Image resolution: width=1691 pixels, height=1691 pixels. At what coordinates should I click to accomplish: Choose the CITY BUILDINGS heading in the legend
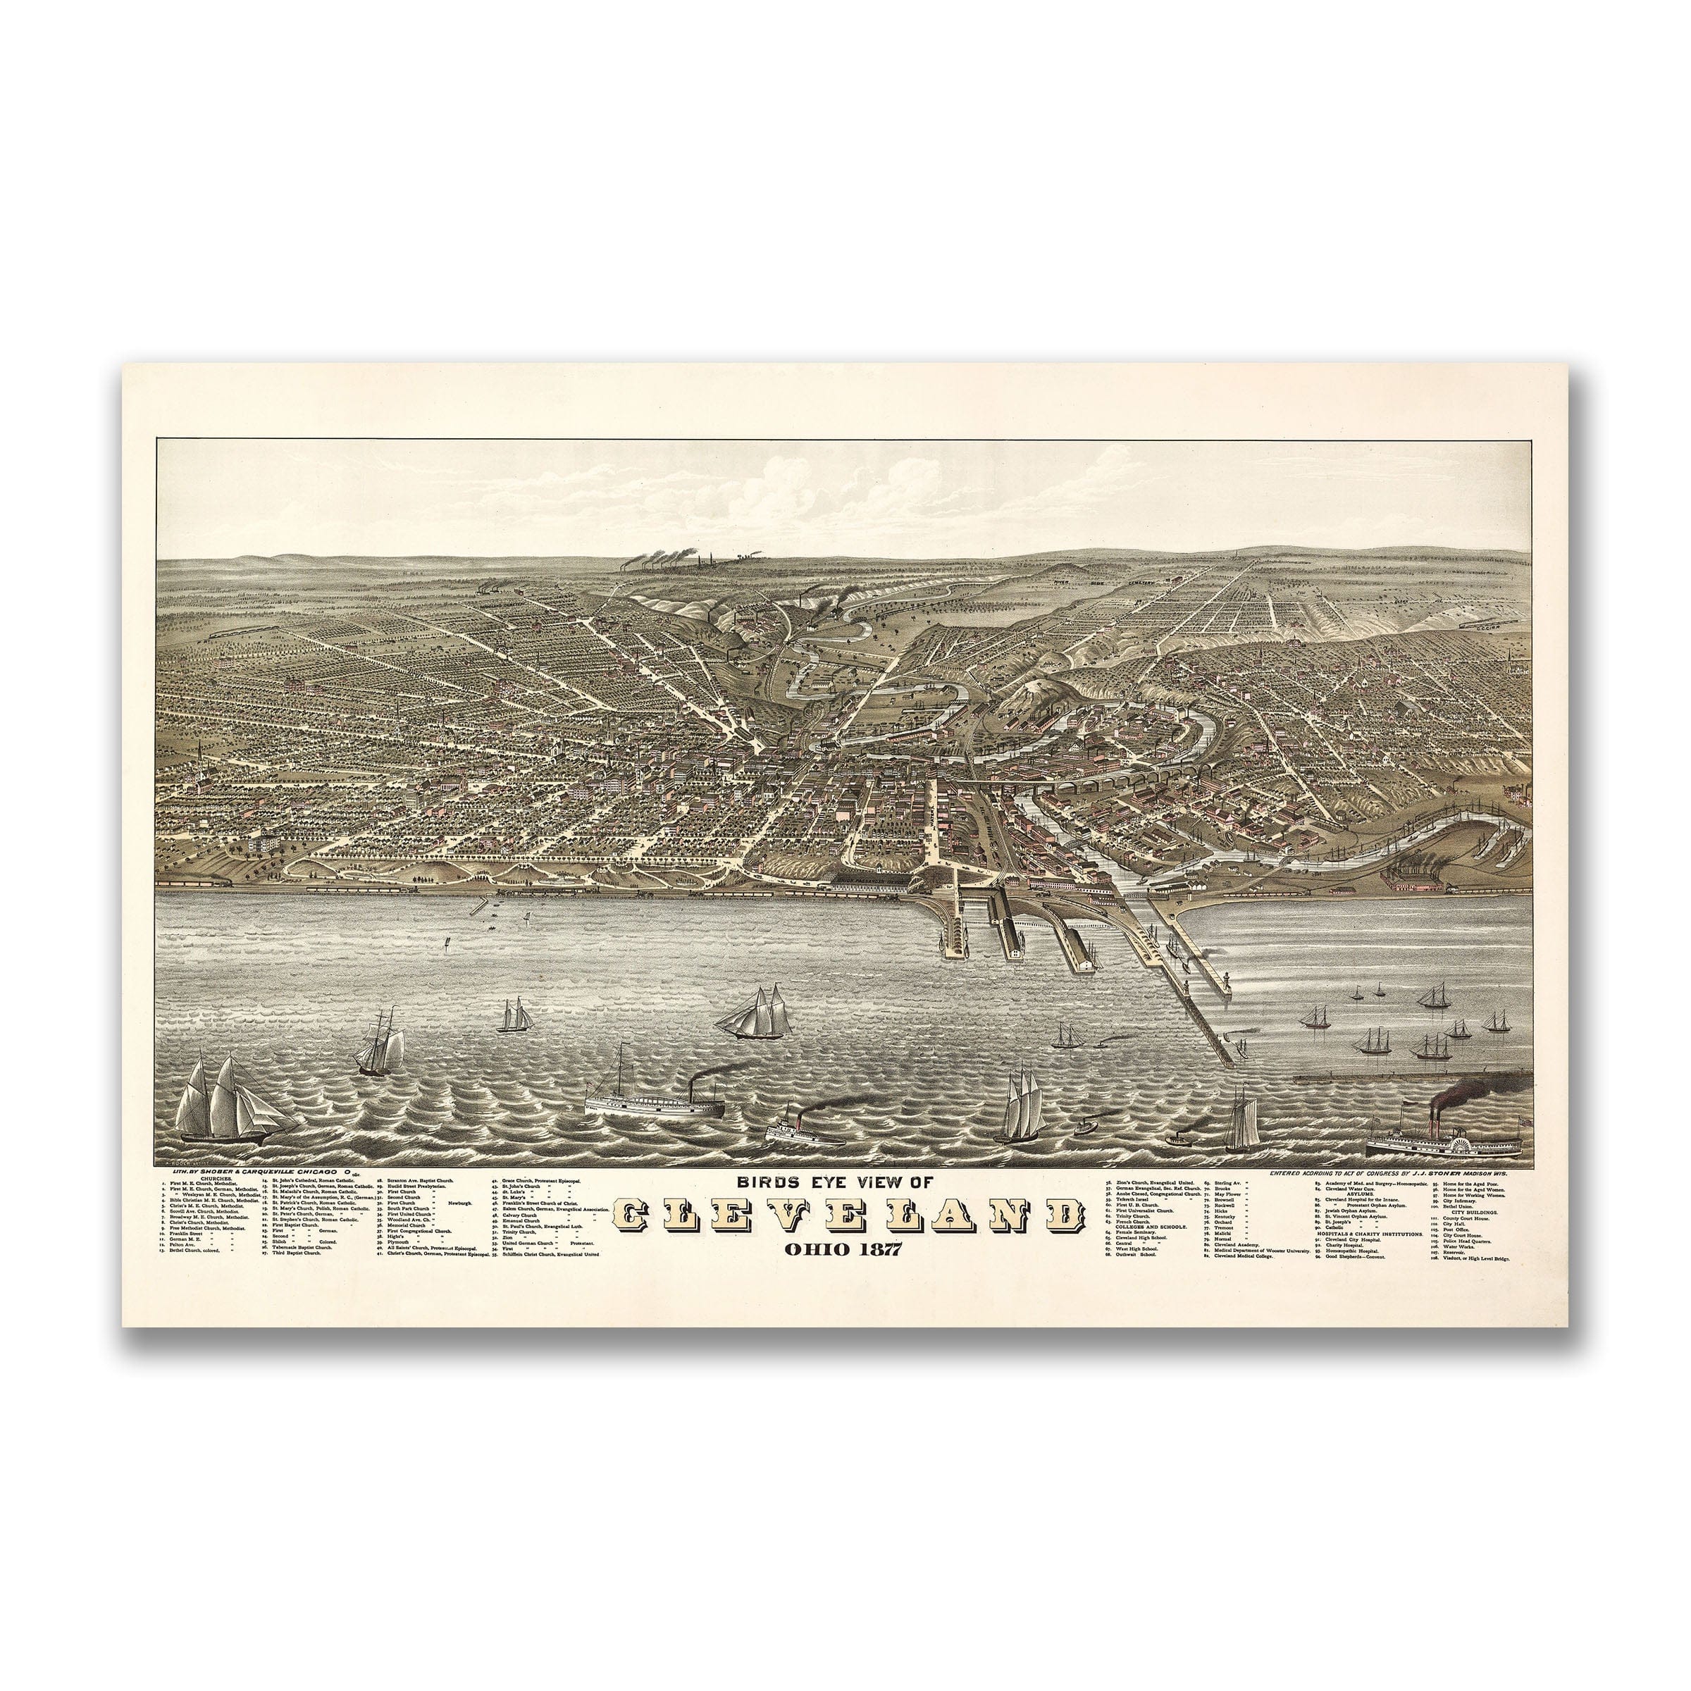[x=1473, y=1212]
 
